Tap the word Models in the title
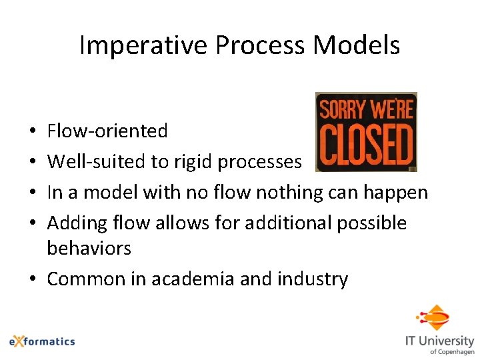[357, 45]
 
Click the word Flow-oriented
[107, 131]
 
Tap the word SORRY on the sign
[344, 109]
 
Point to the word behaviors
[89, 249]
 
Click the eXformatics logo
[42, 341]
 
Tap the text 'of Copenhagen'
[451, 351]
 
